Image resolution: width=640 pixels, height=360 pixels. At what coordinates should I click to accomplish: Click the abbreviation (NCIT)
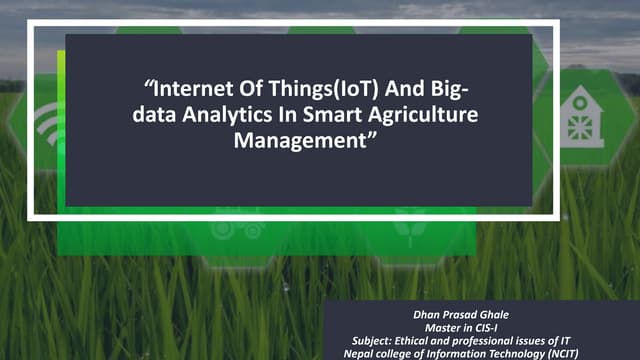596,353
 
